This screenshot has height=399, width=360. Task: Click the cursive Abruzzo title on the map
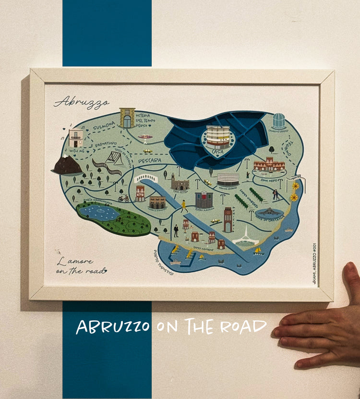pos(82,102)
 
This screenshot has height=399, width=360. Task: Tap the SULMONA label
pos(104,126)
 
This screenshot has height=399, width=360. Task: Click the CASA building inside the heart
pos(218,137)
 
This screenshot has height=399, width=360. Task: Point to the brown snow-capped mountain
pos(67,165)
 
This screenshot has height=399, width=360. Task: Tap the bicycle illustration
pos(124,198)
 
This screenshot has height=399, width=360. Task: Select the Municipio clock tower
pos(228,219)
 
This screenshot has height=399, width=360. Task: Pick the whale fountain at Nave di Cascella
pos(269,212)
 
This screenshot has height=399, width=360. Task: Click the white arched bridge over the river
pos(146,178)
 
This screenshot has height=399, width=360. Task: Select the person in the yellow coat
pos(184,206)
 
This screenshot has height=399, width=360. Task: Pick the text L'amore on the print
pos(74,262)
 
